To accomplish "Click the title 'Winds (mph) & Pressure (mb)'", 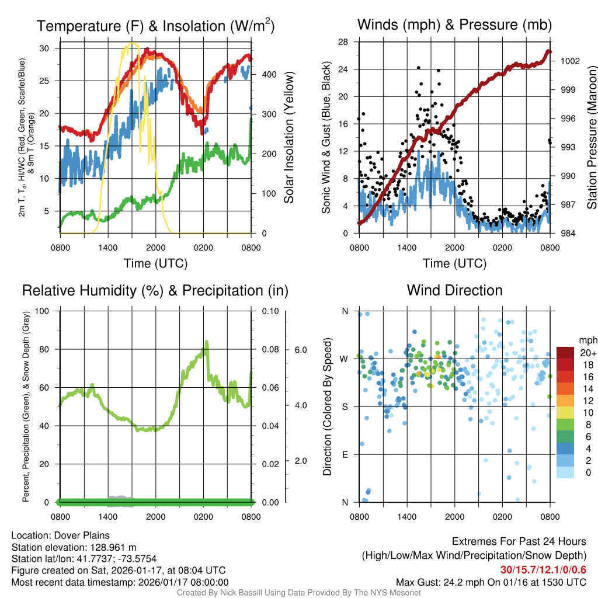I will pos(454,25).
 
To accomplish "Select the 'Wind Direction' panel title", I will pos(454,290).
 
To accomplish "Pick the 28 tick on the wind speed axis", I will pos(343,42).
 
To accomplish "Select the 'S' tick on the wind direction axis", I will pos(345,406).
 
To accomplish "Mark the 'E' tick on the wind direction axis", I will pos(345,454).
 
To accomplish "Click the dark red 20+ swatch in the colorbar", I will pos(565,353).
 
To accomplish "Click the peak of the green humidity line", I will pos(206,342).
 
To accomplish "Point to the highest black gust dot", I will pos(419,68).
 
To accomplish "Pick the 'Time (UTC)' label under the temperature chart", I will pos(155,263).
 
